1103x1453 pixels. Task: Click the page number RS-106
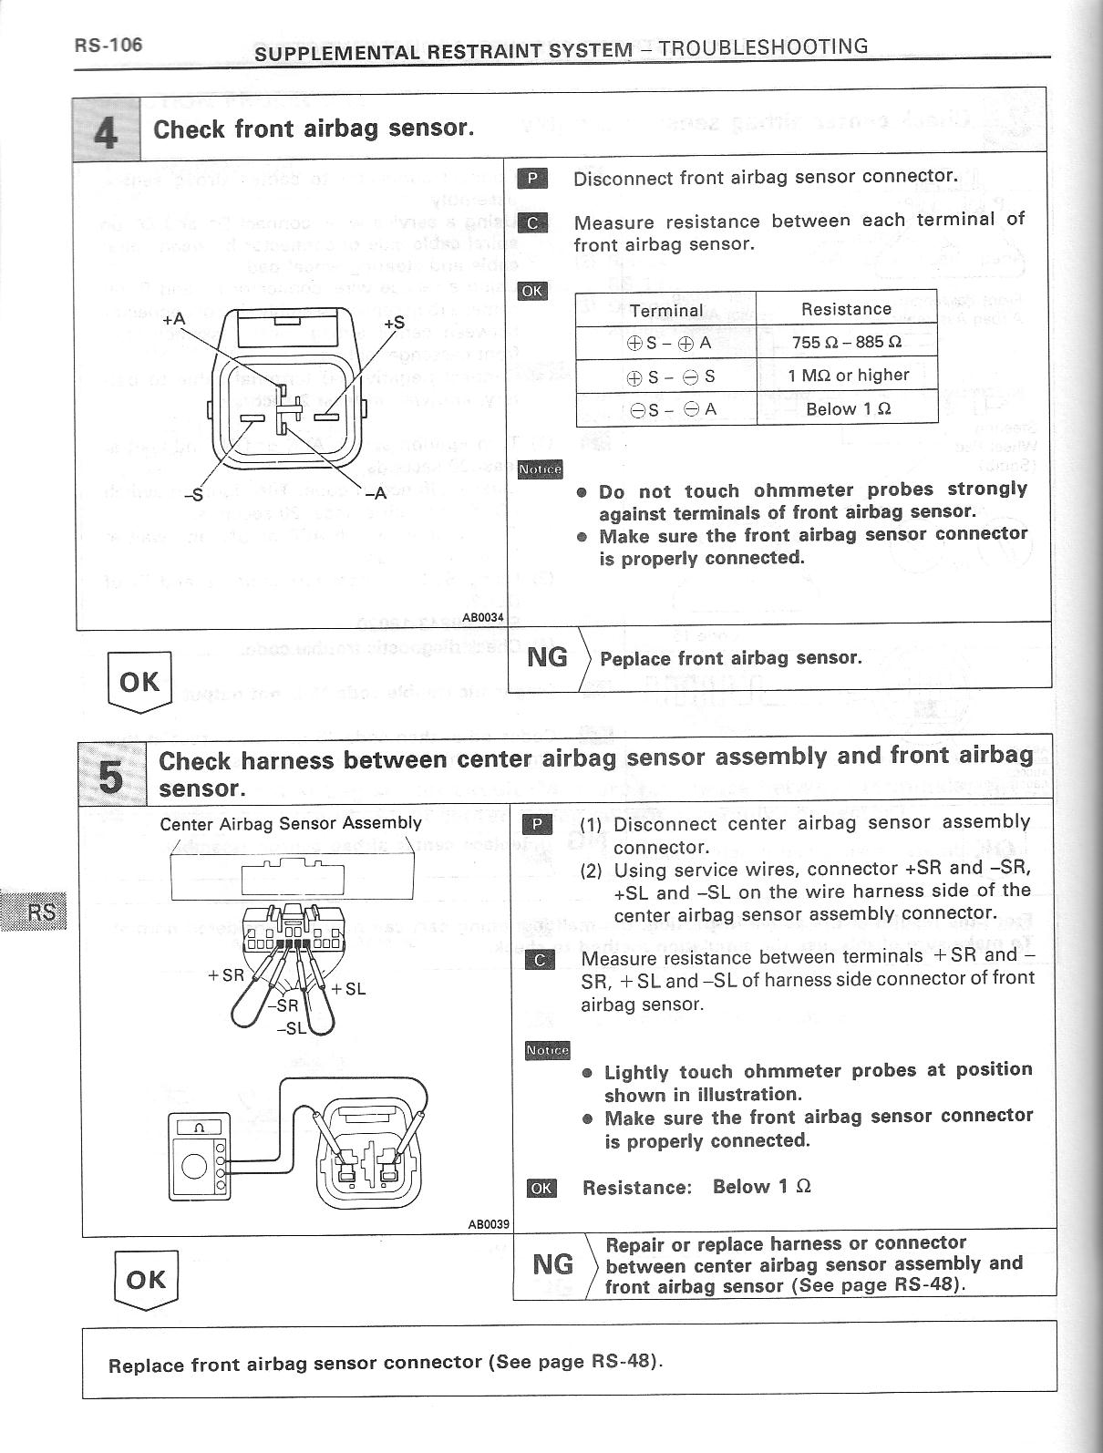(x=108, y=46)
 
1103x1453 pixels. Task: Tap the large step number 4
(x=106, y=131)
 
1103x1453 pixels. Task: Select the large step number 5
(x=111, y=776)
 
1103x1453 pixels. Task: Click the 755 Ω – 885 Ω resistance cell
(x=846, y=343)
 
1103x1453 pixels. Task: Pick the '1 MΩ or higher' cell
(x=848, y=376)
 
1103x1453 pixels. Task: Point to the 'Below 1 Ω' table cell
(x=848, y=409)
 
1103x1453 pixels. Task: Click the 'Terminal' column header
(x=666, y=310)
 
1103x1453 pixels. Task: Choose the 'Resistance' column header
(x=846, y=309)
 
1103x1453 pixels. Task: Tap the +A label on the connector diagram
(x=173, y=320)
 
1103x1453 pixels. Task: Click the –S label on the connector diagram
(x=192, y=496)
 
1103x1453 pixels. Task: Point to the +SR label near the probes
(x=226, y=974)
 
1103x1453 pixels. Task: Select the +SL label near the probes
(x=349, y=988)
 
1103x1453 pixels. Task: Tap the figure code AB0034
(x=483, y=617)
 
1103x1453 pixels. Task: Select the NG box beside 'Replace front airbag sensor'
(x=547, y=657)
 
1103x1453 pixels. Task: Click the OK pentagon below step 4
(x=139, y=681)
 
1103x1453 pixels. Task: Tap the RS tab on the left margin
(x=41, y=912)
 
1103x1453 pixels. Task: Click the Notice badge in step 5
(x=548, y=1051)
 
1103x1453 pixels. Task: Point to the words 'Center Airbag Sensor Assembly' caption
(x=291, y=823)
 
